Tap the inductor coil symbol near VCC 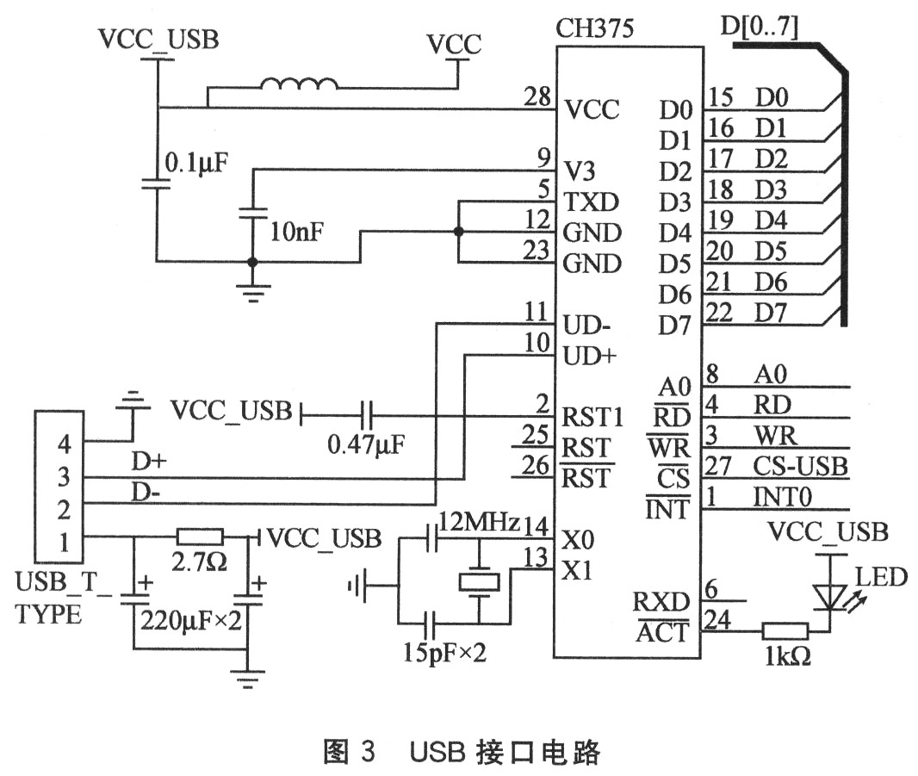coord(298,84)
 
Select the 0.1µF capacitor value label coord(197,162)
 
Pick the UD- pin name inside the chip coord(588,326)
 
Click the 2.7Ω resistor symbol coord(200,537)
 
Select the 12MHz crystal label coord(479,521)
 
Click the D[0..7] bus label coord(758,28)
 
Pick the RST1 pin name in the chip coord(592,418)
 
